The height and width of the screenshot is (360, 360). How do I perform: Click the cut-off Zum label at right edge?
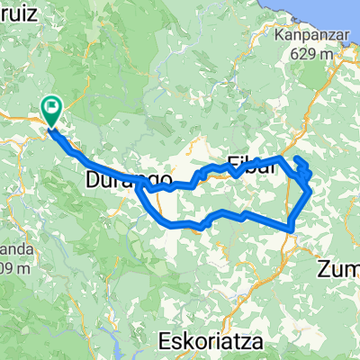tap(340, 267)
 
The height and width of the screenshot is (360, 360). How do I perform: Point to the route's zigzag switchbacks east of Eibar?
tap(304, 171)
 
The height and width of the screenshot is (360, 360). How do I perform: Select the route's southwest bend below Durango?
tap(158, 217)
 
